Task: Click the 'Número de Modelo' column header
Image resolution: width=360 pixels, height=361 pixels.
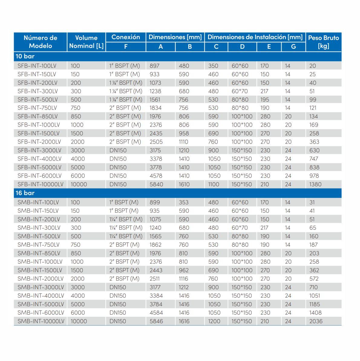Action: click(40, 42)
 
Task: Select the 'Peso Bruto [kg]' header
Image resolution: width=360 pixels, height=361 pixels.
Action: click(323, 42)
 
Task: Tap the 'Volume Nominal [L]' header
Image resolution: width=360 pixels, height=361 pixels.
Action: click(86, 42)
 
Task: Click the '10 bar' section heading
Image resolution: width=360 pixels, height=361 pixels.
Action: click(25, 56)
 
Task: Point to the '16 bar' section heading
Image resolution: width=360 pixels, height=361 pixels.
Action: click(25, 193)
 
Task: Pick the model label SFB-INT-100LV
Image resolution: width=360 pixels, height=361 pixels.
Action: click(37, 66)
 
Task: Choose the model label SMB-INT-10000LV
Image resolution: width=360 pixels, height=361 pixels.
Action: click(41, 321)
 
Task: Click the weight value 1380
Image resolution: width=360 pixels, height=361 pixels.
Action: click(315, 184)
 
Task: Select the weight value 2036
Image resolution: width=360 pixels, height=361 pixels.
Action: click(316, 321)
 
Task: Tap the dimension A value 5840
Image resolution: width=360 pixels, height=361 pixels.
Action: click(156, 184)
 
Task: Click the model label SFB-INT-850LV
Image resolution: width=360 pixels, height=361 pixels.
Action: click(38, 116)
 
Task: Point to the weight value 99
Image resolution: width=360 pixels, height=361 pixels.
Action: click(313, 100)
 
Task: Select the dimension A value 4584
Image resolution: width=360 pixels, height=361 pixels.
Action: click(156, 313)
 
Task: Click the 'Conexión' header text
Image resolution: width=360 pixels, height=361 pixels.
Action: click(126, 37)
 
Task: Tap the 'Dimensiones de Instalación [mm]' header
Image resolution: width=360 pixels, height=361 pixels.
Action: click(255, 37)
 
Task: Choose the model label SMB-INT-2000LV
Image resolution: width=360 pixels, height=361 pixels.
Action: click(41, 279)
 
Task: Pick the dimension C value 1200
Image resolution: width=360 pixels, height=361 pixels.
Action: click(214, 321)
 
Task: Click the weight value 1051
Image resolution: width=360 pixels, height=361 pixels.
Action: click(315, 296)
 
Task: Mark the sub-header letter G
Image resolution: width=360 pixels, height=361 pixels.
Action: click(293, 47)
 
